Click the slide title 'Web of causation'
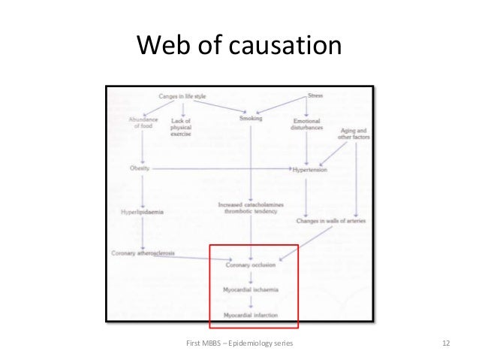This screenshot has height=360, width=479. [x=239, y=47]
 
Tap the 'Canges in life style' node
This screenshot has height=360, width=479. [x=183, y=97]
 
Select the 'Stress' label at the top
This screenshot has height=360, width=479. [x=317, y=97]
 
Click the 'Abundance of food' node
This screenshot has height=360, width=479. [x=142, y=123]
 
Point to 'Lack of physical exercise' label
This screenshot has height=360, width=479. [x=182, y=127]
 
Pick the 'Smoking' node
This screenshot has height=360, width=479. [x=251, y=119]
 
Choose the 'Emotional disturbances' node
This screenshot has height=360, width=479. [x=308, y=123]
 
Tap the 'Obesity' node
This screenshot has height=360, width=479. [x=140, y=168]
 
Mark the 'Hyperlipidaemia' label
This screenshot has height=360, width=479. [x=143, y=212]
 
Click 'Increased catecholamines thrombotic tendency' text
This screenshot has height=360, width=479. [x=248, y=207]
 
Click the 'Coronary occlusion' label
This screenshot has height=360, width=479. [x=251, y=265]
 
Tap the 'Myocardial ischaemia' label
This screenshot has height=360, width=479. [x=251, y=289]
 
